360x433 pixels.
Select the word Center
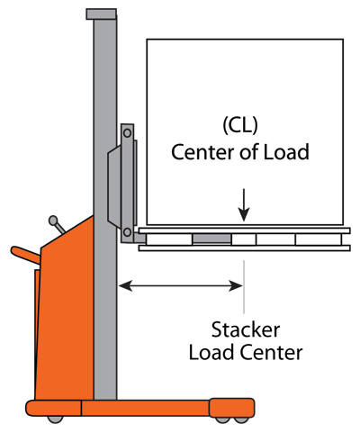point(199,153)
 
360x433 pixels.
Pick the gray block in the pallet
point(211,239)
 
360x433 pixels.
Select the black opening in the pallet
point(276,239)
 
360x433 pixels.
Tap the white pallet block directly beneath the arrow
point(244,239)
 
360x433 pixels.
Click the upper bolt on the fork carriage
point(128,134)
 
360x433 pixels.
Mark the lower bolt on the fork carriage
point(128,232)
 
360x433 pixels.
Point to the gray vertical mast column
point(104,90)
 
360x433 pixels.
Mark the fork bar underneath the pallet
point(243,248)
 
